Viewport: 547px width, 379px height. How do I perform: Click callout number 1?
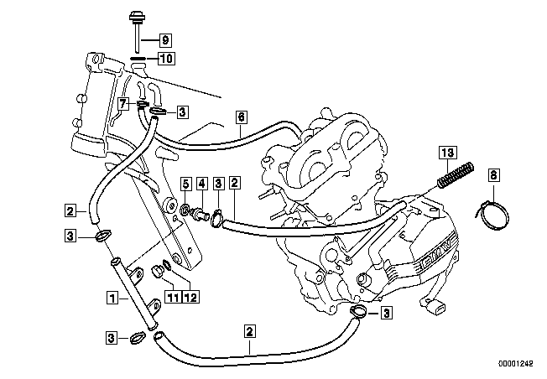(111, 296)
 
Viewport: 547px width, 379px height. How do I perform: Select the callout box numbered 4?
(201, 183)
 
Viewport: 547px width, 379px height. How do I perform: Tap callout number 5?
(185, 183)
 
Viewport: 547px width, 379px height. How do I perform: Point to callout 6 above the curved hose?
(240, 117)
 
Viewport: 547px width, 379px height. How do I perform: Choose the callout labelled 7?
(122, 104)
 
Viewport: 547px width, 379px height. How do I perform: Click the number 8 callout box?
(493, 175)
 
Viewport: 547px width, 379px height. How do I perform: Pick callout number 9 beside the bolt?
(164, 39)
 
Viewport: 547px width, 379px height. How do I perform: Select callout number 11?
(171, 296)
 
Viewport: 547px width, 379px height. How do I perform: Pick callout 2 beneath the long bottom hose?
(249, 330)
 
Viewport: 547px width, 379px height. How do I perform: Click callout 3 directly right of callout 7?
(182, 111)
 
